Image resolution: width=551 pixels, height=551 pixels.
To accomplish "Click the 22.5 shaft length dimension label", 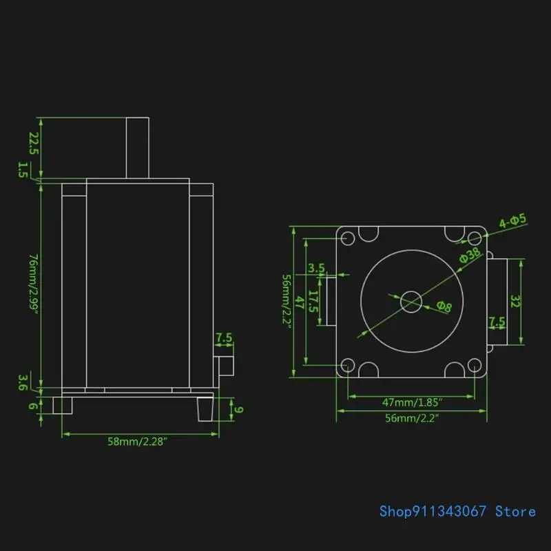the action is click(x=33, y=143).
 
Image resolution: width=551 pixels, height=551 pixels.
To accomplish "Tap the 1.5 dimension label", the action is click(x=23, y=169).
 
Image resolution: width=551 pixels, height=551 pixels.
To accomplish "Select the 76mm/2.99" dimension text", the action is click(x=33, y=284).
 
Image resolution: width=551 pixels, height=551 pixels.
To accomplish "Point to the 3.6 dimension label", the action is click(x=23, y=383).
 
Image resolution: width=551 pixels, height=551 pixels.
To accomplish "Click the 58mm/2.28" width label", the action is click(x=137, y=441).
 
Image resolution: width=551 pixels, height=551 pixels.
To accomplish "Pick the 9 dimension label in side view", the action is click(x=239, y=410).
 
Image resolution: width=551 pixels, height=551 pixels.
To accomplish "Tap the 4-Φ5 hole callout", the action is click(x=512, y=220).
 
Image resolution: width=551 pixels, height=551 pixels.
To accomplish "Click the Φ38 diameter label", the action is click(x=470, y=255).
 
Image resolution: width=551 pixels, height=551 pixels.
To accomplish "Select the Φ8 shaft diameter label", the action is click(x=444, y=306).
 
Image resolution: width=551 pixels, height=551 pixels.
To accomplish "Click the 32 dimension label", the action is click(x=515, y=301).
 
